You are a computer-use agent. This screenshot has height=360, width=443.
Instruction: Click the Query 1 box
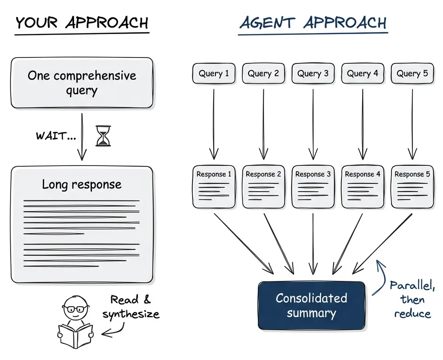(x=214, y=74)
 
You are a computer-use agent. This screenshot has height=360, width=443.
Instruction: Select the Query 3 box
(x=312, y=74)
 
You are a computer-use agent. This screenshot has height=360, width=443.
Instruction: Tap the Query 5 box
(x=412, y=74)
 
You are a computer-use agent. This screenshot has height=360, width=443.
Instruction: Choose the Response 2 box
(x=263, y=187)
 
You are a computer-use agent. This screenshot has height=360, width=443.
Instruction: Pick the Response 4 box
(x=363, y=187)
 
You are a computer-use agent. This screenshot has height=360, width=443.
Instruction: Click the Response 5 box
(x=412, y=187)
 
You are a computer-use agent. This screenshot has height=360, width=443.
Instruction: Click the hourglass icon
(x=103, y=136)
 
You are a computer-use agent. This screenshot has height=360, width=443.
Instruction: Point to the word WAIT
(x=55, y=136)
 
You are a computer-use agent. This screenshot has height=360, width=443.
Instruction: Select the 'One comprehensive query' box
(x=82, y=83)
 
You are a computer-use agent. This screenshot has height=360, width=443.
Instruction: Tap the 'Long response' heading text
(x=82, y=185)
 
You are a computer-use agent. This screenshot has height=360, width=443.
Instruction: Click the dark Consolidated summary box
(x=312, y=306)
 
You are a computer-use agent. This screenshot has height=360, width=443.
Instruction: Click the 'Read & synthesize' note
(x=131, y=307)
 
